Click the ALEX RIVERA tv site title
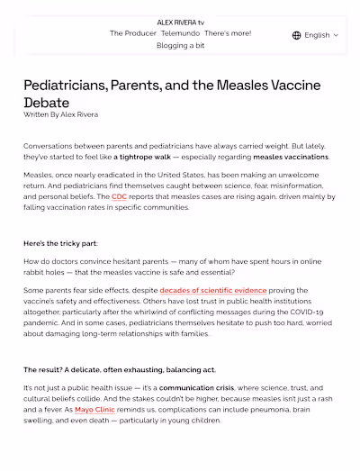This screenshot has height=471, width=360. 180,21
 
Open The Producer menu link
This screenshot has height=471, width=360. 132,32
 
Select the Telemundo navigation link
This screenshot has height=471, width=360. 179,32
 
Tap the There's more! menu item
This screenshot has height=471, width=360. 228,32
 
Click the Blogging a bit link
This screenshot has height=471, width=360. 180,45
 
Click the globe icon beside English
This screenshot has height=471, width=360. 297,35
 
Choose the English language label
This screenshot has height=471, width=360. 317,35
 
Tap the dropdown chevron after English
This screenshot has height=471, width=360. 336,35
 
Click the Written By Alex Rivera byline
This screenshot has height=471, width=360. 60,115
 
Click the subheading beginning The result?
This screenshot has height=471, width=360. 119,370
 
